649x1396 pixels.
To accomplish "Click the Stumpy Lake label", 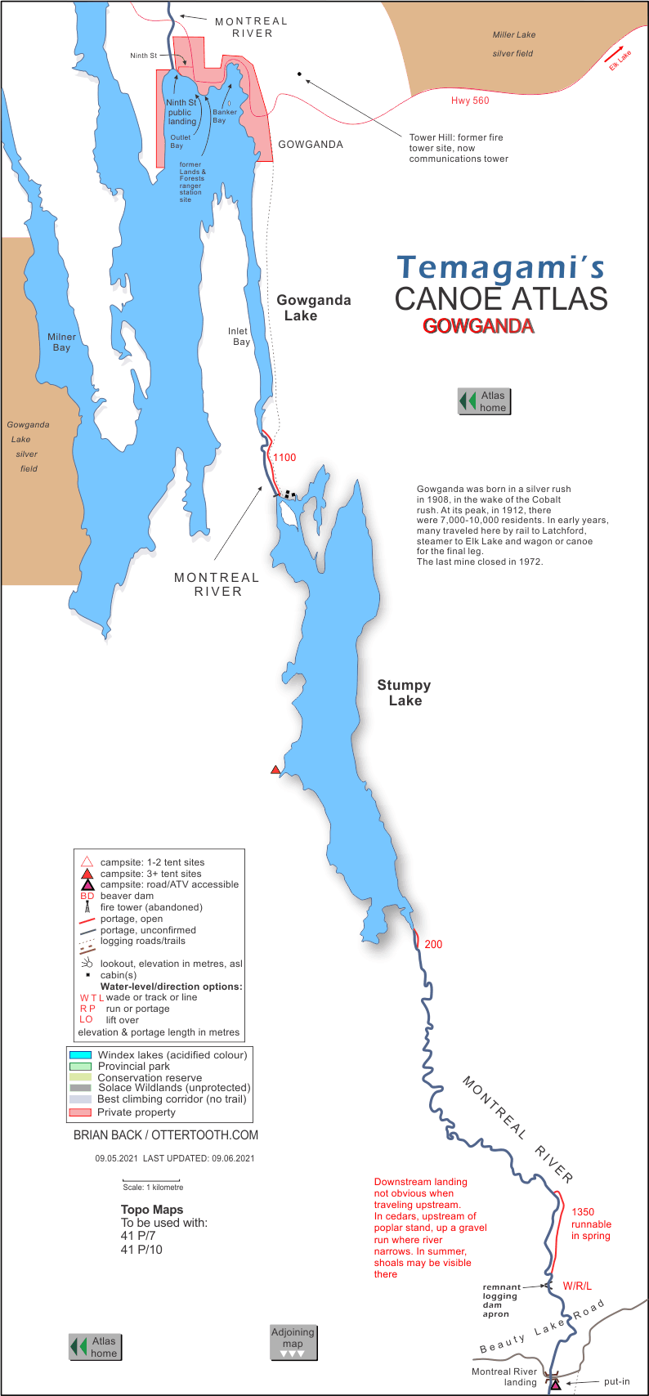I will click(404, 693).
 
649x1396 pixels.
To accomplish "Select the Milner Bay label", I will click(61, 342).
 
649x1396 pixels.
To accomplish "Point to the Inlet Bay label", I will click(239, 337).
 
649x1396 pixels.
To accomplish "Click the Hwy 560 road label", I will click(470, 101).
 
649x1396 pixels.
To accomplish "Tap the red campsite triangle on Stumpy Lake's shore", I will click(275, 770).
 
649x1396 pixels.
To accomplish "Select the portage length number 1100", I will click(284, 458).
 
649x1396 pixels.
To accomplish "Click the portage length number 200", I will click(433, 944).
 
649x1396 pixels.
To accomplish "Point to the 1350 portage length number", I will click(583, 1212).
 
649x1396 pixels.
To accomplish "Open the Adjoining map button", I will click(293, 1342).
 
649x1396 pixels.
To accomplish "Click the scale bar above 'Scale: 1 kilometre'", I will click(140, 1180).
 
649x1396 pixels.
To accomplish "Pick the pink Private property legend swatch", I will click(80, 1112).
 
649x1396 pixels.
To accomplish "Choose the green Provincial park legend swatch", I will click(80, 1067).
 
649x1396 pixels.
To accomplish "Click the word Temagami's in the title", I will click(501, 266).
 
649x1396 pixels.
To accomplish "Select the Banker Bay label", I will click(225, 116).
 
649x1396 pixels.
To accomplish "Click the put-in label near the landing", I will click(616, 1382).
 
